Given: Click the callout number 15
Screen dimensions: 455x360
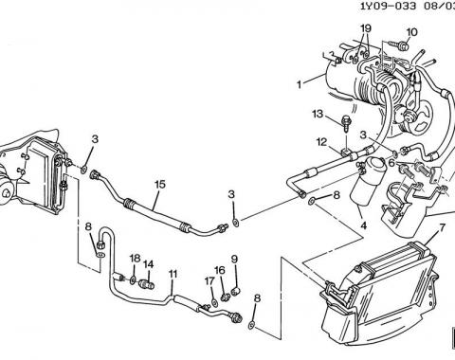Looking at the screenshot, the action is (160, 184).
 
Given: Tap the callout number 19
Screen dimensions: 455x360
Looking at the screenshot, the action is (365, 28).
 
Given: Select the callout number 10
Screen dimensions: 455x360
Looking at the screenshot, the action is (411, 32).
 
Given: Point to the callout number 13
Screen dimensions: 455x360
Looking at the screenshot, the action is (318, 114).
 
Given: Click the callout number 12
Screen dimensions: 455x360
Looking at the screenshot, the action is (321, 142).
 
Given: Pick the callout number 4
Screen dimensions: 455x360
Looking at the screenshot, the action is (363, 225).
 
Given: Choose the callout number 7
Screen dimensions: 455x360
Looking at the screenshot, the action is (442, 228).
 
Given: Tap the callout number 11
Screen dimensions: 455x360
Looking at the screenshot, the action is (173, 274).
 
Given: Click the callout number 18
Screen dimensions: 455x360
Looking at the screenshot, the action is (135, 259).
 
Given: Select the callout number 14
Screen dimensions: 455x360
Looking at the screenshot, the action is (149, 264).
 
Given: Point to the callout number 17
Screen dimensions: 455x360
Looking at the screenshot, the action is (209, 281).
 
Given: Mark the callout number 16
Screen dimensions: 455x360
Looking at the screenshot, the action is (220, 270).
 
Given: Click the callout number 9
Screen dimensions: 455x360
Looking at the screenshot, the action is (234, 260).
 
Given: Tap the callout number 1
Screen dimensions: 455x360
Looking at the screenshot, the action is (299, 84).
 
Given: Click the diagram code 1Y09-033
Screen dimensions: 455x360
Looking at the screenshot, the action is (389, 6).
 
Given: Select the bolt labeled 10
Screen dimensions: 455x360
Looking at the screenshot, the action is (399, 45).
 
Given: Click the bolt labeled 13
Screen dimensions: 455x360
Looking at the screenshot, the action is (346, 124).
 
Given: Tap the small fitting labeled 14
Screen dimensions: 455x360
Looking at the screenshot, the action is (147, 284).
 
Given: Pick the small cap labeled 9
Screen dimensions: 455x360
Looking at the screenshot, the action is (236, 292).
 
